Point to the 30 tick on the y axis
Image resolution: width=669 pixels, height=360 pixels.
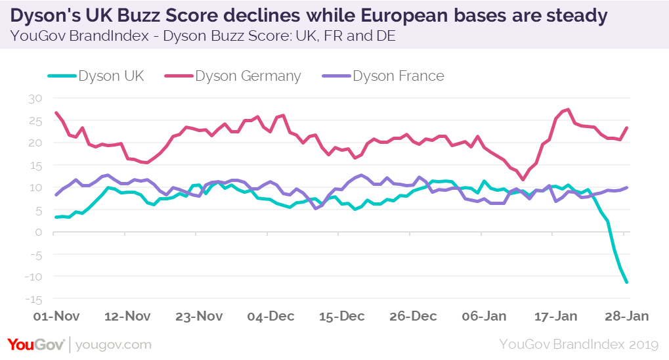click(x=35, y=98)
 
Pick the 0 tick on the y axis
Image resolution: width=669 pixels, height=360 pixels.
click(x=38, y=232)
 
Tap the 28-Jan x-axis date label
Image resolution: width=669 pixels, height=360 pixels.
click(x=626, y=316)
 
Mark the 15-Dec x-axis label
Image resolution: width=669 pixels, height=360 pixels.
click(x=341, y=316)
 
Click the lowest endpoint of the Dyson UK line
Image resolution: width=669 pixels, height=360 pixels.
click(x=627, y=282)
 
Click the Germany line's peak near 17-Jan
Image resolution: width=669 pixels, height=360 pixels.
click(x=568, y=110)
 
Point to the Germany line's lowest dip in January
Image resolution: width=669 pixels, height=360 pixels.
click(x=523, y=179)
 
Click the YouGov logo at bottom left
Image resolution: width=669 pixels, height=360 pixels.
click(x=36, y=344)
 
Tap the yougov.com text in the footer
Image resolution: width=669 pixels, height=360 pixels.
click(x=114, y=344)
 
